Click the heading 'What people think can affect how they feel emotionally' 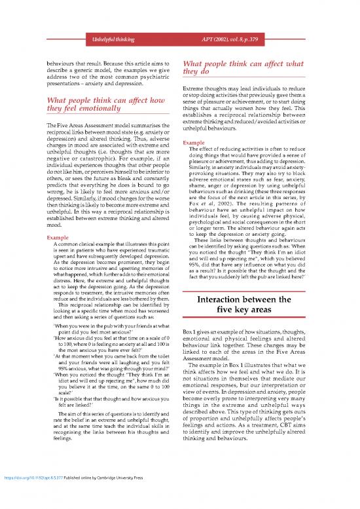coord(101,105)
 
